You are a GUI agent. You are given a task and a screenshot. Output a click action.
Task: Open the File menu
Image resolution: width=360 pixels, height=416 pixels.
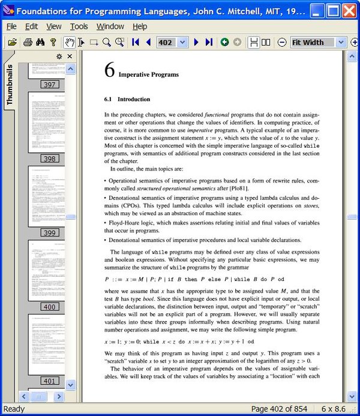[11, 26]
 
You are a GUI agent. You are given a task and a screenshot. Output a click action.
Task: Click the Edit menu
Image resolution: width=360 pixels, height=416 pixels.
[31, 26]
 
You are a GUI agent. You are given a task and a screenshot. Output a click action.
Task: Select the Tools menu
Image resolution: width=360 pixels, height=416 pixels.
[79, 26]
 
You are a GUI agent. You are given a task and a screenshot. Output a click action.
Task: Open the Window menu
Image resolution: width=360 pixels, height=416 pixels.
[110, 26]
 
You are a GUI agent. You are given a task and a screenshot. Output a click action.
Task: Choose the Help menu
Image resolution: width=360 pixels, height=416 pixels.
[140, 26]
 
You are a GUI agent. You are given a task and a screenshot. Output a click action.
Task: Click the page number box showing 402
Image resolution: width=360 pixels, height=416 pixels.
[166, 42]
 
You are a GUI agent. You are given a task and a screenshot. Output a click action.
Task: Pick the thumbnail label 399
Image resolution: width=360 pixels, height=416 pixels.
[50, 233]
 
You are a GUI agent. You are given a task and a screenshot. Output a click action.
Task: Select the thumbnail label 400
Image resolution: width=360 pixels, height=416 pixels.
[50, 307]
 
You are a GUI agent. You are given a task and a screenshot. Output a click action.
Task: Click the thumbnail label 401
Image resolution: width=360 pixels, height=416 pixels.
[50, 381]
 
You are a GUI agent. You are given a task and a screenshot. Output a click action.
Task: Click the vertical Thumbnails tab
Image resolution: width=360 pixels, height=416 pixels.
[10, 85]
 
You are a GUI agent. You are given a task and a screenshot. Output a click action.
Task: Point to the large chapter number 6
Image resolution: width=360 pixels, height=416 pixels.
[109, 71]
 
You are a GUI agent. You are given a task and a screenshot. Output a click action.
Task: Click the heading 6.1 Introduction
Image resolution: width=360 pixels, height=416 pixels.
[127, 99]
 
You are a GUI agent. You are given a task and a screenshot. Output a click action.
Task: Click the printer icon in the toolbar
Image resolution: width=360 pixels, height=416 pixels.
[27, 42]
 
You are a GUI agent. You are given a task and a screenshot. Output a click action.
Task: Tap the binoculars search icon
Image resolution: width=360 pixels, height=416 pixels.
[40, 42]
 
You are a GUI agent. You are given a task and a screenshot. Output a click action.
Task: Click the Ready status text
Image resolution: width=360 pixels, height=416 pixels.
[14, 409]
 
